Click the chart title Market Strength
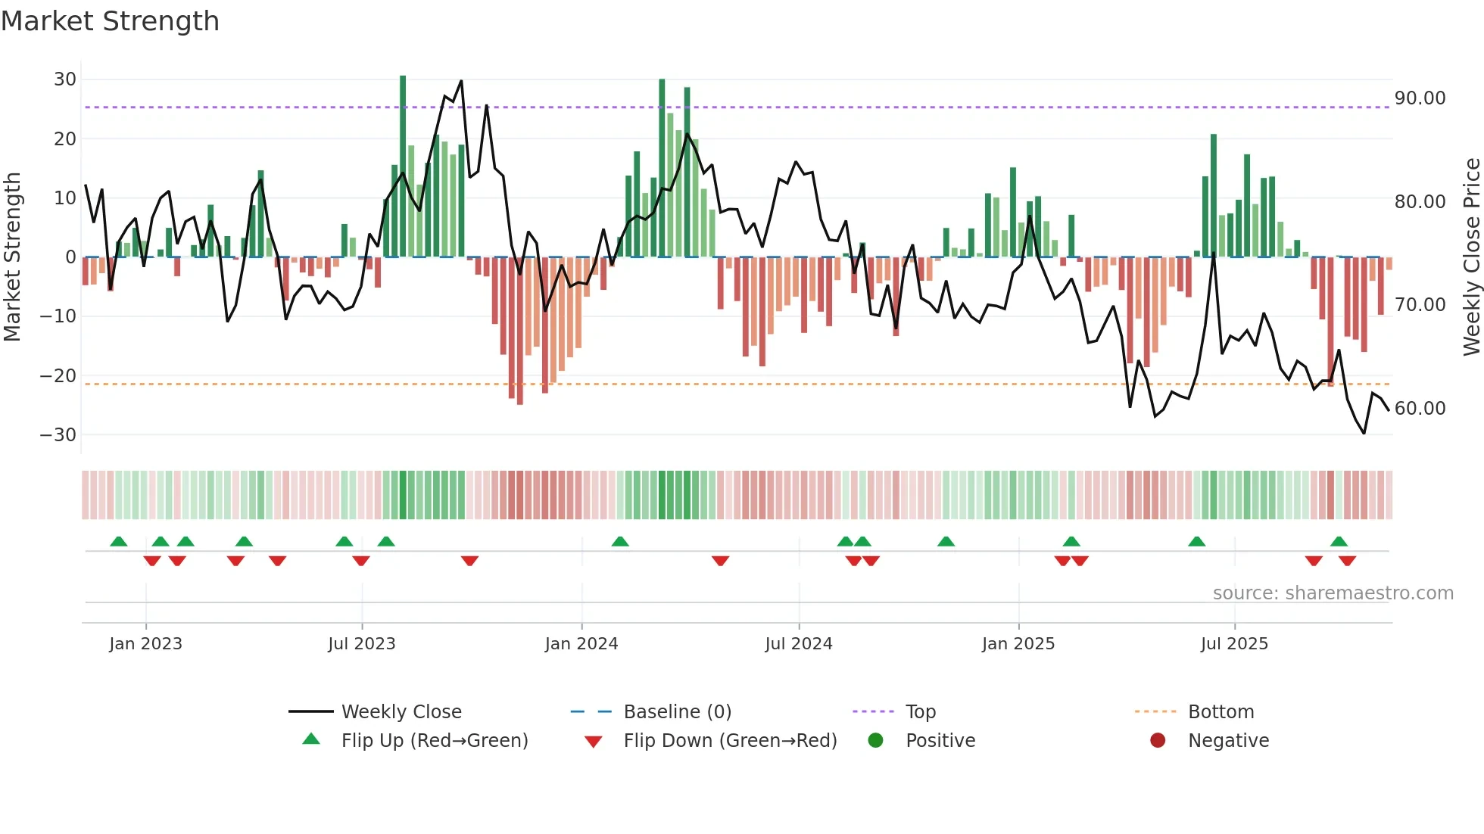click(110, 21)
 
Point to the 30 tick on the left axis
click(65, 79)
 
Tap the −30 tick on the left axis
click(58, 435)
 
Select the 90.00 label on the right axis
click(1420, 98)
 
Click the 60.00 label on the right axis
click(1420, 409)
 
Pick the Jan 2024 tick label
click(581, 644)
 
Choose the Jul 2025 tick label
click(1234, 644)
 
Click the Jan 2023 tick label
click(145, 644)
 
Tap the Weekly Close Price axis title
click(1471, 257)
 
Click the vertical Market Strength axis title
click(13, 257)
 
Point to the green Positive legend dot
click(875, 741)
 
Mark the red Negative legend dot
click(1158, 741)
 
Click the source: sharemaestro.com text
click(1333, 593)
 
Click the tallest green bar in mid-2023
click(403, 166)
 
